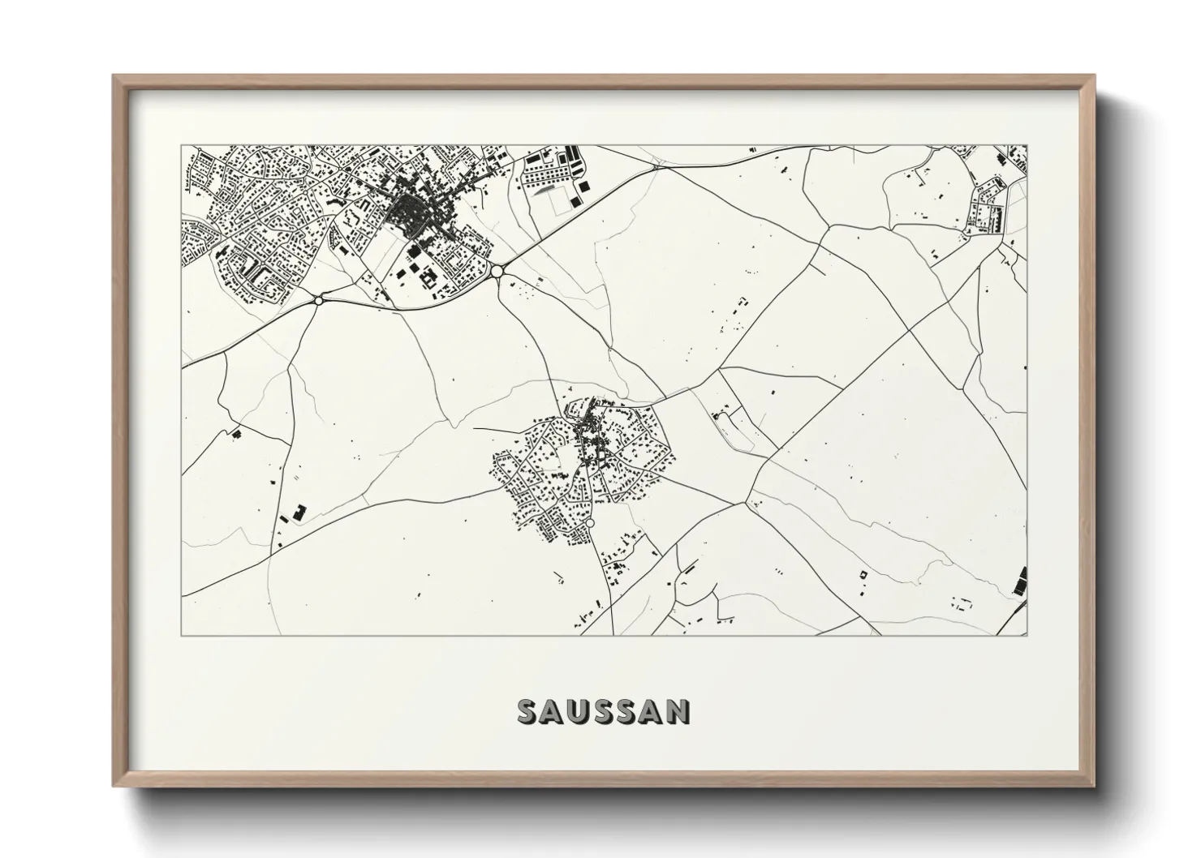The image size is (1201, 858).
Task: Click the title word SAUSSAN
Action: [604, 712]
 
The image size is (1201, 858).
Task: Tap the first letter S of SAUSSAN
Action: [527, 712]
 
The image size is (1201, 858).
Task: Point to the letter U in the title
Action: [578, 712]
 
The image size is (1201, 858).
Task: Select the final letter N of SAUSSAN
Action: [679, 712]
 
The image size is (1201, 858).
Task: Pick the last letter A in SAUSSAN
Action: [654, 712]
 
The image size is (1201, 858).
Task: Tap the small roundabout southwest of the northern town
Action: [319, 299]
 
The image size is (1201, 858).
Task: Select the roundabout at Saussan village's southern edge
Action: [590, 523]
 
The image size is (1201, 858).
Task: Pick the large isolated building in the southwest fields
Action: [299, 513]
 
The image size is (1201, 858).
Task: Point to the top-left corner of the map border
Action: [182, 146]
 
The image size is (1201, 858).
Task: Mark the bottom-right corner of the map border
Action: [1027, 635]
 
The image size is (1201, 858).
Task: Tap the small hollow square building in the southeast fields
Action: [863, 574]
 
